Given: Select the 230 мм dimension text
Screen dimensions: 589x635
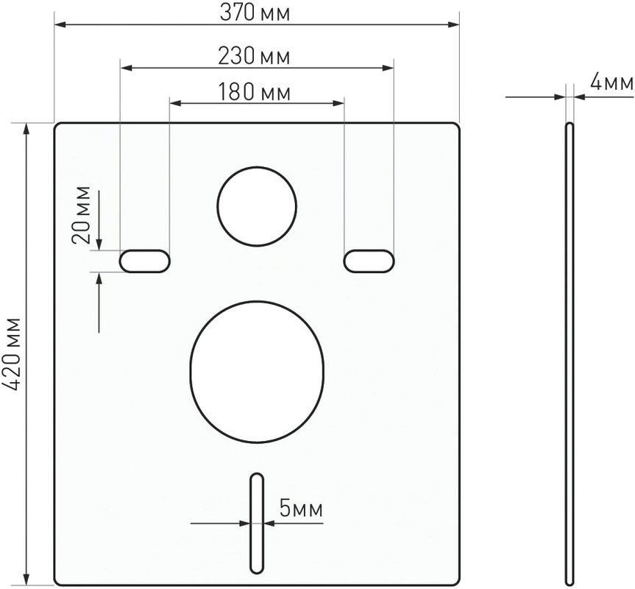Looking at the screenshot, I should point(254,55).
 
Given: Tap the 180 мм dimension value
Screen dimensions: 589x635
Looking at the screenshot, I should point(254,92).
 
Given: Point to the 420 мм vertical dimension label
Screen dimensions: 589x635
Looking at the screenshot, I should point(13,354).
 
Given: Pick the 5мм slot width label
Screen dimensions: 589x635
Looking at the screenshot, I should point(300,508).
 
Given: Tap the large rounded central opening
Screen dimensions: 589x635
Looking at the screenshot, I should point(256,373).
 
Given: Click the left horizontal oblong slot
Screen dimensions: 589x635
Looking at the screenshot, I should point(145,261).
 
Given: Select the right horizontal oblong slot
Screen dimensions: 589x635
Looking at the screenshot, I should point(369,261).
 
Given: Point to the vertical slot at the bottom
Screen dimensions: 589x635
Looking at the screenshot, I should point(256,523).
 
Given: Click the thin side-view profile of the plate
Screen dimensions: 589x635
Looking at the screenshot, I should point(569,353).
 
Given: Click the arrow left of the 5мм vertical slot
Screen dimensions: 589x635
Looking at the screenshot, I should point(244,523).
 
